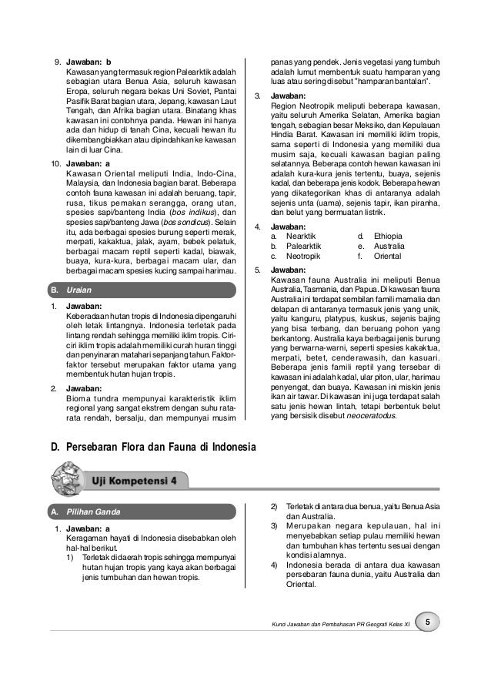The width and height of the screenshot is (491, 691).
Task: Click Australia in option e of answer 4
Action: [x=390, y=245]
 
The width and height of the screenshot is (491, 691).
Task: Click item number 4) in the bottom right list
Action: [x=274, y=564]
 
